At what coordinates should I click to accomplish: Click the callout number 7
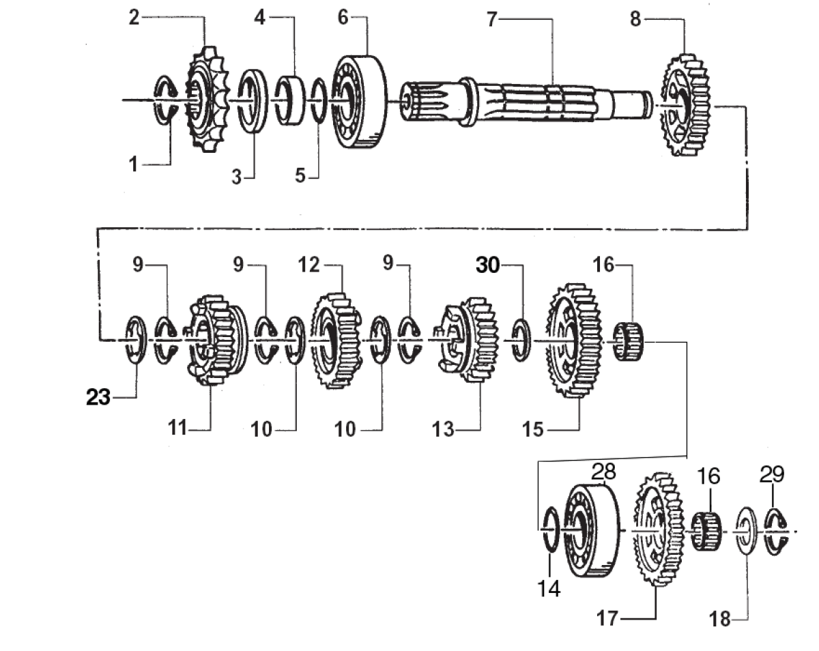coord(492,19)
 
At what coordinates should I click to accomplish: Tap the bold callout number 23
coord(98,397)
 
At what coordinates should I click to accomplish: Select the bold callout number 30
coord(487,265)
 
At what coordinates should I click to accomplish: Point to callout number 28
coord(603,472)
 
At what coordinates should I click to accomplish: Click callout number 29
coord(772,474)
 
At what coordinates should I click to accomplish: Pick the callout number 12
coord(309,265)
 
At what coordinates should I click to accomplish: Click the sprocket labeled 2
coord(207,99)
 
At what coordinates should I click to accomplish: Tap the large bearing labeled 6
coord(360,102)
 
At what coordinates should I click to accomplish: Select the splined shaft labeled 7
coord(526,103)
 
